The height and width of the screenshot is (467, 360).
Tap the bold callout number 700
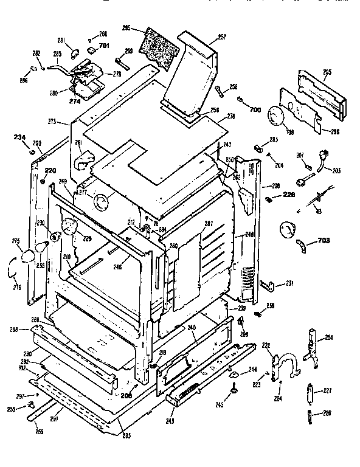pos(255,109)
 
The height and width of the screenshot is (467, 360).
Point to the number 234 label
pos(19,137)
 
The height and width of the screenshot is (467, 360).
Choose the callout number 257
pos(221,37)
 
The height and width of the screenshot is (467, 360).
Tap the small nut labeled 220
pos(42,181)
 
